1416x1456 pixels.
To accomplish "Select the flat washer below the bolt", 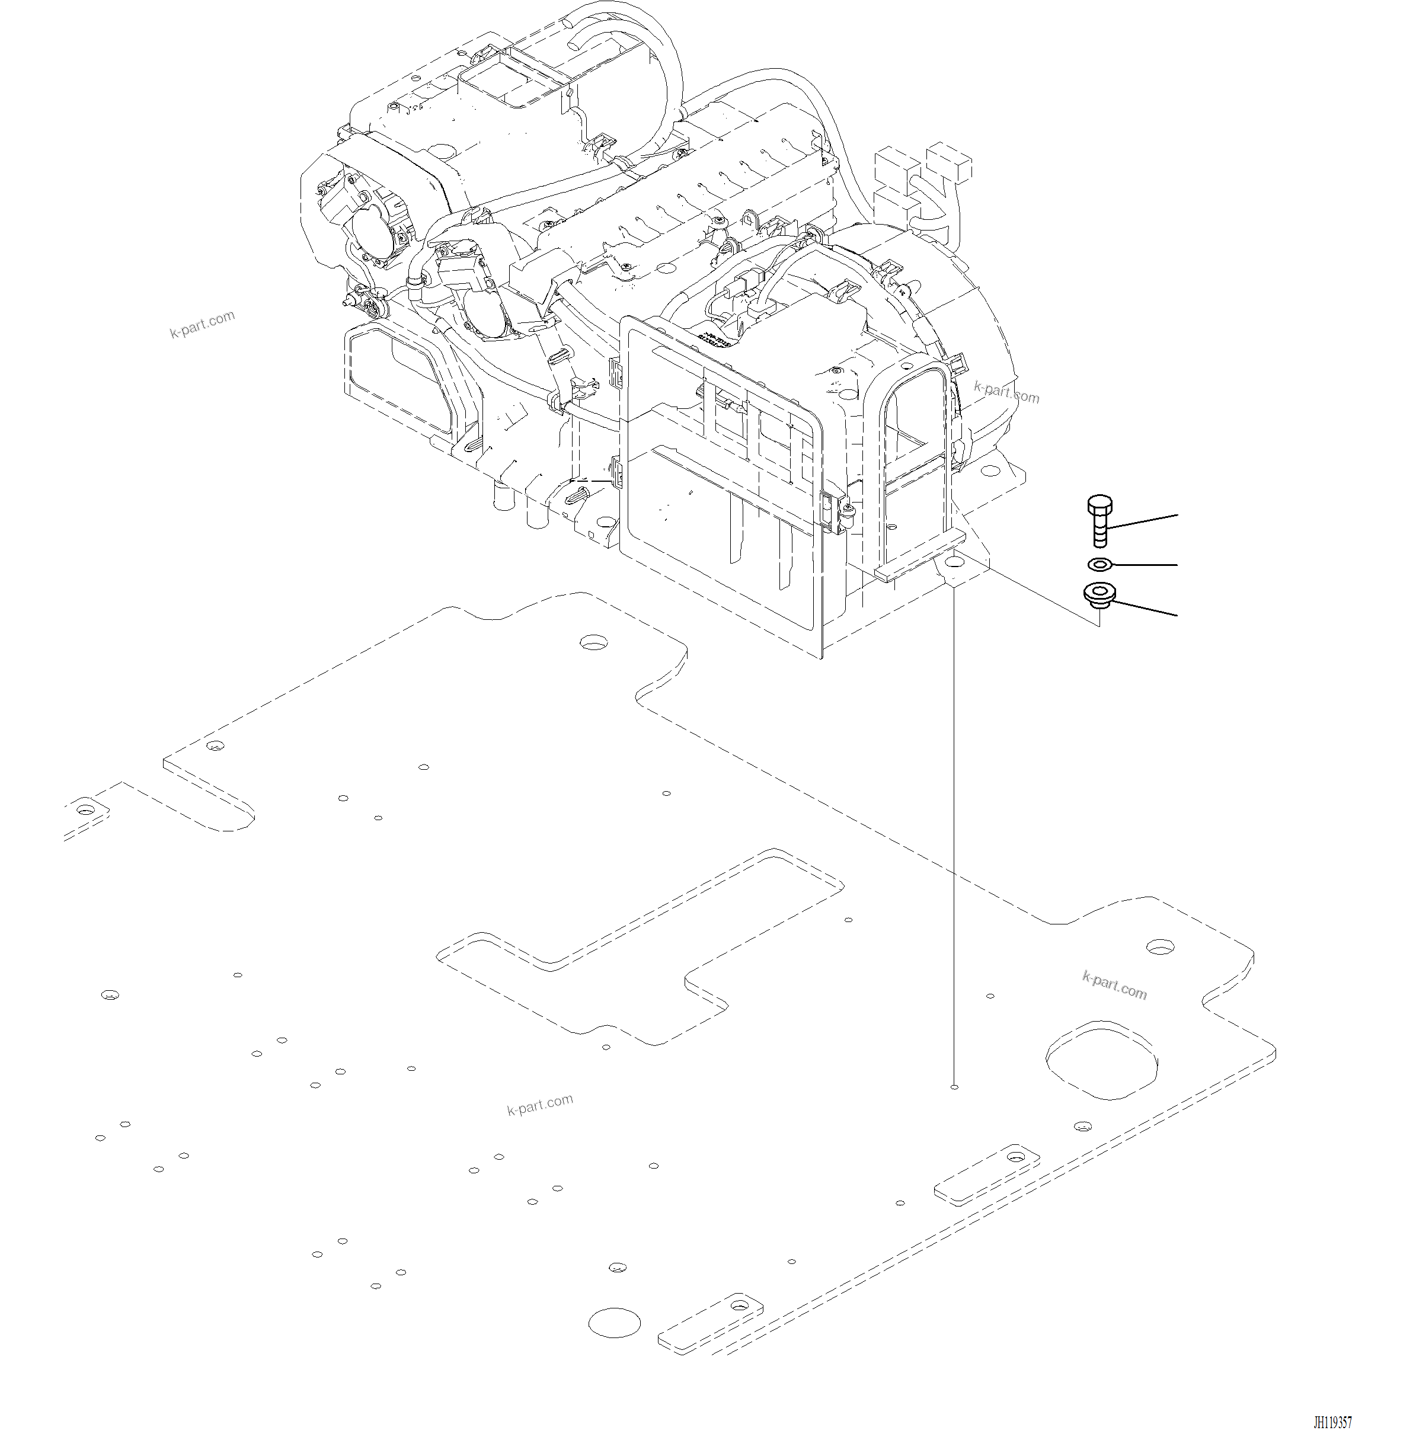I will [1100, 564].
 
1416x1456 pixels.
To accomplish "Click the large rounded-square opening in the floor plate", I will [1104, 1059].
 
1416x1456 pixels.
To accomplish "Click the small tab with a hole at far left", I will [87, 809].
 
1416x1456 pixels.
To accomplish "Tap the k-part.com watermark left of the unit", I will [202, 324].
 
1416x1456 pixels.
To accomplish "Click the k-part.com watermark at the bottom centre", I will [540, 1105].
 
